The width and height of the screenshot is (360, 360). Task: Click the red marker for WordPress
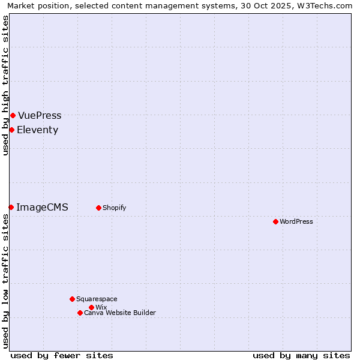(x=275, y=221)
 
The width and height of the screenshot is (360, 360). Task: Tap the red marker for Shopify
(x=98, y=208)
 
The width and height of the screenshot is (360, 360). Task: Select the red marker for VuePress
(x=13, y=115)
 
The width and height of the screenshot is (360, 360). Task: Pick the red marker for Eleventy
(x=11, y=130)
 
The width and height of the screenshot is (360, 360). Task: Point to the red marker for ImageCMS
(x=11, y=207)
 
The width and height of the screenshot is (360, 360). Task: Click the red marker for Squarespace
(x=72, y=299)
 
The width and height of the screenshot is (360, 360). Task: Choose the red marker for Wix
(x=91, y=307)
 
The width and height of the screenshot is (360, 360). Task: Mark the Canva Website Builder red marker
(x=80, y=313)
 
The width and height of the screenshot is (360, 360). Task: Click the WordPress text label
(x=296, y=221)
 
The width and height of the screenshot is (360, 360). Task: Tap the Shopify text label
(x=114, y=208)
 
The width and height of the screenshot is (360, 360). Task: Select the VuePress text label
(x=40, y=115)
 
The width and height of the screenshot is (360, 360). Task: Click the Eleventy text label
(x=37, y=130)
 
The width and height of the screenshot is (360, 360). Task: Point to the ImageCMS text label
(x=42, y=207)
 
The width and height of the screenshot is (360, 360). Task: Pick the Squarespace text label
(x=97, y=299)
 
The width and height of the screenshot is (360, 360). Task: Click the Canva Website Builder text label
(x=120, y=313)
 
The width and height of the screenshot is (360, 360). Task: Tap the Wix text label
(x=101, y=307)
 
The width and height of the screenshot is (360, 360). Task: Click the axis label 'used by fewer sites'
(x=62, y=355)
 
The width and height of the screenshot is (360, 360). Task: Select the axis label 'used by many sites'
(x=301, y=355)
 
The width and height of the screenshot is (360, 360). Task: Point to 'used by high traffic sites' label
(x=5, y=85)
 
